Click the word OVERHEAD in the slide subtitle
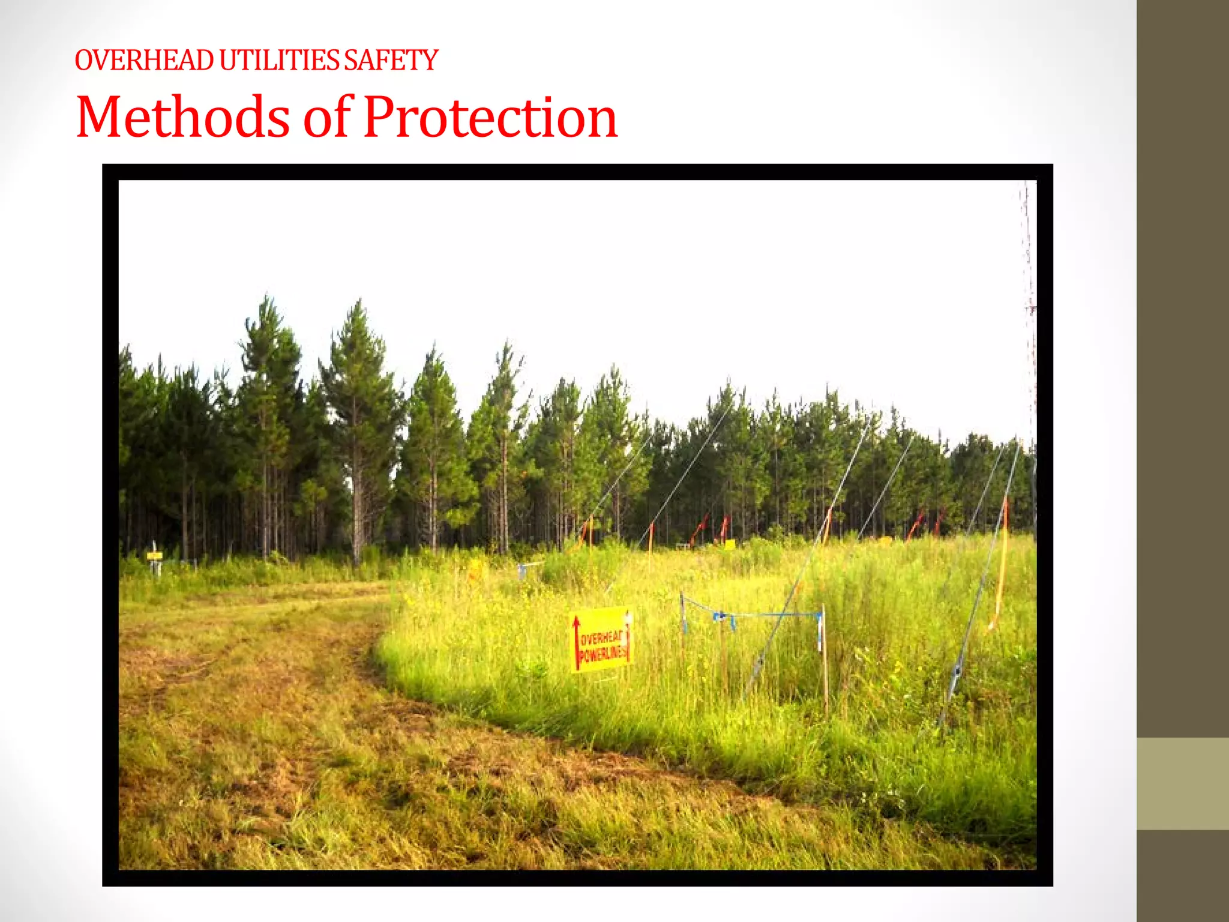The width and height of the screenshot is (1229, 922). [144, 61]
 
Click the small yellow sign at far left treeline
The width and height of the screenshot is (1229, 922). [154, 556]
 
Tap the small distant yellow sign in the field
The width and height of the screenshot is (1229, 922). [730, 544]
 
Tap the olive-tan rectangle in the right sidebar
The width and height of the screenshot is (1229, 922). [1183, 783]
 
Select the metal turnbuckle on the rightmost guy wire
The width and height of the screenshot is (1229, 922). [957, 672]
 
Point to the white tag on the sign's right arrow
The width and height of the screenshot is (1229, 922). [628, 618]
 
